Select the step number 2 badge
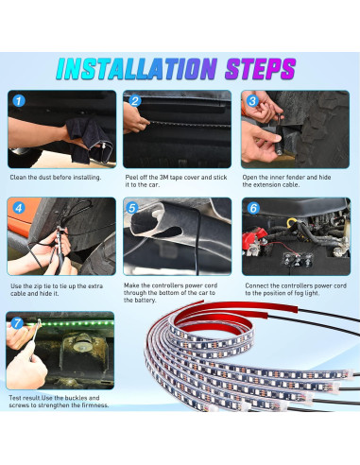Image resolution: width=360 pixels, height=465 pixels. click(x=135, y=101)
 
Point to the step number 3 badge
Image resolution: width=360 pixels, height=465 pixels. click(x=251, y=100)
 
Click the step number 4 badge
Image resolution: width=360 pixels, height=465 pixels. click(x=19, y=207)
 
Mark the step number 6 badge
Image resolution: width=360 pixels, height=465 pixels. click(x=251, y=207)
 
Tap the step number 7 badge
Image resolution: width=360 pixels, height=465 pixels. click(x=19, y=322)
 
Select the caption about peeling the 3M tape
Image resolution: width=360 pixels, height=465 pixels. click(x=177, y=181)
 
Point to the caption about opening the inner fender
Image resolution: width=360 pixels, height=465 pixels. click(x=292, y=181)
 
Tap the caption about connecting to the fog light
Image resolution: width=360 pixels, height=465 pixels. click(x=294, y=289)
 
